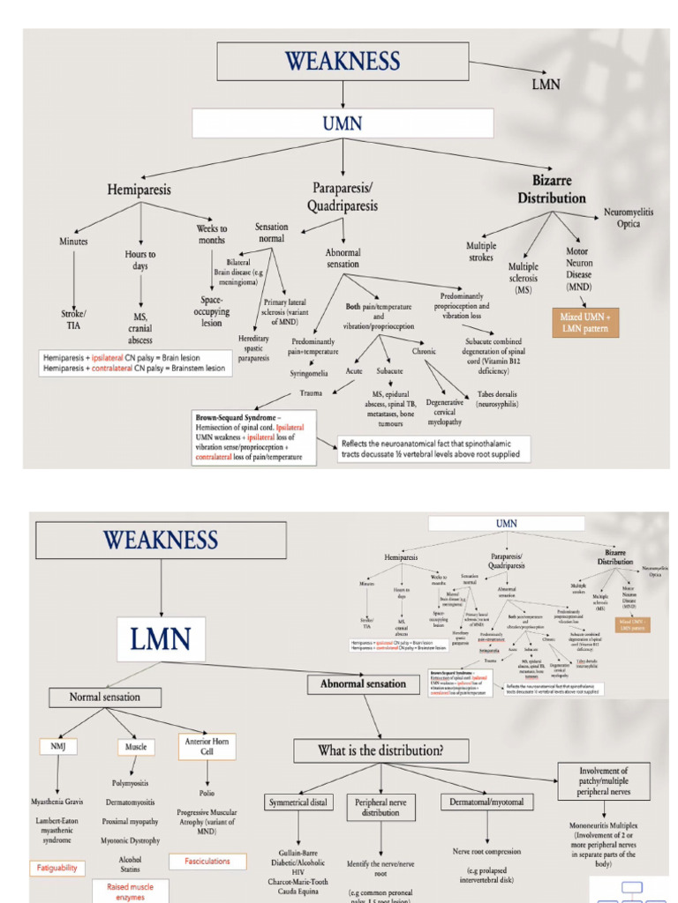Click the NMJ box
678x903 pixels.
[x=59, y=746]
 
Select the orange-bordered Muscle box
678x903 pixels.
[x=135, y=746]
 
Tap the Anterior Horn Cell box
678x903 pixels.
[x=207, y=747]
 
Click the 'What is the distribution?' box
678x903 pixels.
[x=380, y=750]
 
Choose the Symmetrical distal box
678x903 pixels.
[x=299, y=802]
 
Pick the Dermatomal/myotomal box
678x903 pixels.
[x=486, y=802]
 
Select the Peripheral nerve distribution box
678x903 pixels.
[x=380, y=807]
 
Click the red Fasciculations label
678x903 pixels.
[x=207, y=861]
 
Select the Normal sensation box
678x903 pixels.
[x=104, y=697]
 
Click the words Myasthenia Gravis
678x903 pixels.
[x=57, y=802]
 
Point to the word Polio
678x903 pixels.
[x=207, y=793]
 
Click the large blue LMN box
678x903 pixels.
[x=161, y=639]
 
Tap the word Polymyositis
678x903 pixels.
[x=131, y=782]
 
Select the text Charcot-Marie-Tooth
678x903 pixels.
[x=299, y=879]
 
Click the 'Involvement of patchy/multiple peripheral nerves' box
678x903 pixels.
[x=604, y=780]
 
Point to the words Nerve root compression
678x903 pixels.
[x=486, y=852]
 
